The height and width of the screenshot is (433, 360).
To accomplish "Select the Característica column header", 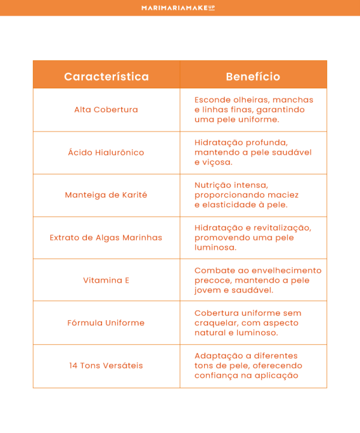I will (x=106, y=77).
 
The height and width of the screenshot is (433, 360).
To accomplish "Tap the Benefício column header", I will (x=253, y=77).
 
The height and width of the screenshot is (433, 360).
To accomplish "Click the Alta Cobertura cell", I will (x=106, y=110).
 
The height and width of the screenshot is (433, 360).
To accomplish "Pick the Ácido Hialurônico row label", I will (x=106, y=153).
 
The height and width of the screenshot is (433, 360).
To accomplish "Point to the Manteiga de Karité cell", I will (x=106, y=195).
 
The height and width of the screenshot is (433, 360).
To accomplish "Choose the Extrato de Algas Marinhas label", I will (x=106, y=237).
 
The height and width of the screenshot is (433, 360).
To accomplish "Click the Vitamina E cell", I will (x=106, y=280).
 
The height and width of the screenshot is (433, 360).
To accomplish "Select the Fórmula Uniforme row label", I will (x=106, y=322).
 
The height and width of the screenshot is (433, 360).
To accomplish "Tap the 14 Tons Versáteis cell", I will (x=106, y=365).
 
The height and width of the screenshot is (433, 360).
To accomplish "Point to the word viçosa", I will (x=217, y=162).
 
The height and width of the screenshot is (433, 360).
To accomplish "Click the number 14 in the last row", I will (x=74, y=365).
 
